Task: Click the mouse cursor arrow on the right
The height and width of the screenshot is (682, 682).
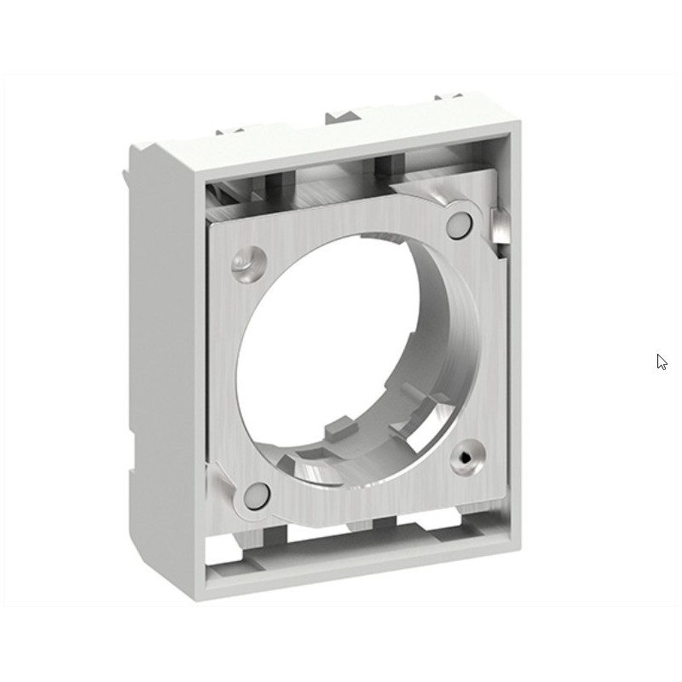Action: point(662,361)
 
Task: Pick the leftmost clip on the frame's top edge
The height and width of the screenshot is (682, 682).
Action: point(231,131)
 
